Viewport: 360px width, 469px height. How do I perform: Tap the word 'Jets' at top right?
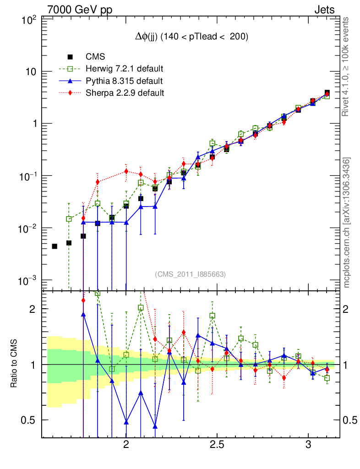click(x=324, y=10)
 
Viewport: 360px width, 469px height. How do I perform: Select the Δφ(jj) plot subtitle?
click(x=191, y=38)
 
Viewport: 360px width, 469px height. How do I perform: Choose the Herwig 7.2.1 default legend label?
click(x=125, y=69)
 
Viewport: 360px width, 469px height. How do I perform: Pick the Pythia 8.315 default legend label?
click(x=124, y=81)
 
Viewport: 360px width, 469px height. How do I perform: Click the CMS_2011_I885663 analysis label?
click(x=191, y=274)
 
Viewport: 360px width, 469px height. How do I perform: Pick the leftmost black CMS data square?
click(x=55, y=246)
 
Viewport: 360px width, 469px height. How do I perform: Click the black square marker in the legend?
click(x=70, y=57)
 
